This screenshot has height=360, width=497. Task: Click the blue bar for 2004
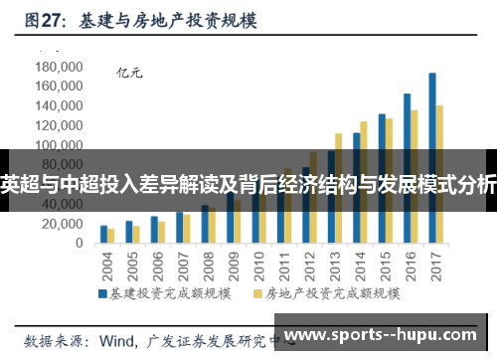(103, 235)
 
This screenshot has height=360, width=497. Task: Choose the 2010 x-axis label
(258, 265)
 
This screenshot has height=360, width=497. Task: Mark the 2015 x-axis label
(385, 265)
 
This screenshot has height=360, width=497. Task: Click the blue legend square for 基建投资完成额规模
(101, 295)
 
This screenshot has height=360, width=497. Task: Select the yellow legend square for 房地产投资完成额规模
(261, 295)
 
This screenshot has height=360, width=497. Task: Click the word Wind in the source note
(117, 339)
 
